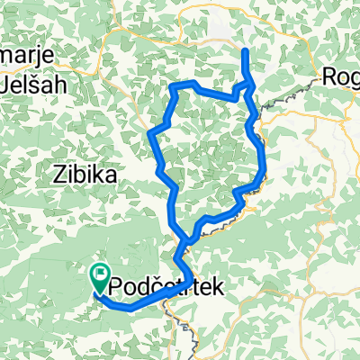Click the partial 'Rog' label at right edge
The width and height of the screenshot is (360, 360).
342,77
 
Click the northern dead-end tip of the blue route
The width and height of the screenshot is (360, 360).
245,51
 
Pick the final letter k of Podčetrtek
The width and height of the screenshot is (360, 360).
212,287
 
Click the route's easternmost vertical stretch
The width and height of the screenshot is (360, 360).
263,162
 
